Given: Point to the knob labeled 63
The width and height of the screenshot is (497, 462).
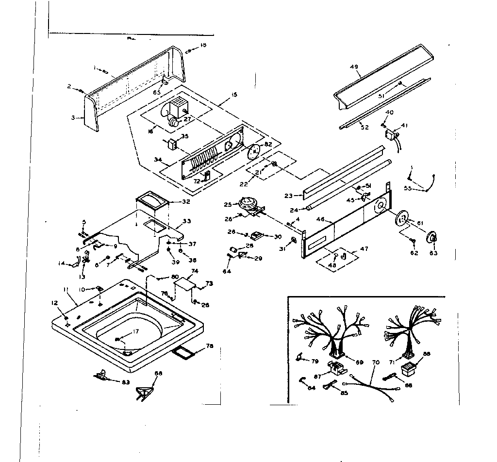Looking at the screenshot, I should coord(431,237).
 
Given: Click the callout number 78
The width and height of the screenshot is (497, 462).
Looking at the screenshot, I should coord(210,346).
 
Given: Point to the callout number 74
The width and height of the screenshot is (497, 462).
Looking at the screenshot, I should coord(195,271).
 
